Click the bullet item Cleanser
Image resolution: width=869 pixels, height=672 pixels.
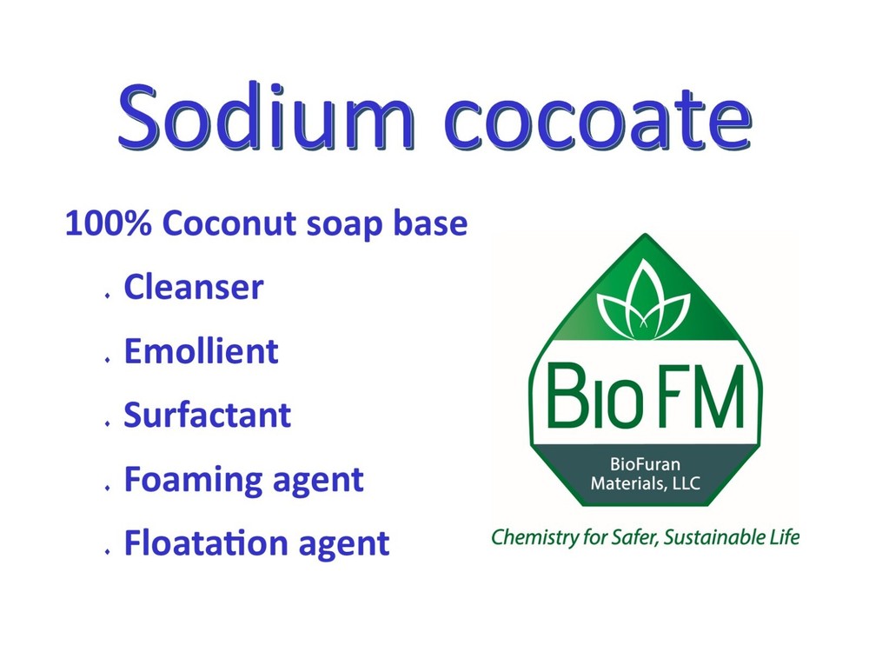[x=193, y=288]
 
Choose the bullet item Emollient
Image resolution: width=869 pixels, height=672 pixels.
[x=201, y=351]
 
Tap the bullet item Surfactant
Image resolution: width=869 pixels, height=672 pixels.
[x=207, y=415]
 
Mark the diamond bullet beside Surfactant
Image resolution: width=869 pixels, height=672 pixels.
[x=107, y=423]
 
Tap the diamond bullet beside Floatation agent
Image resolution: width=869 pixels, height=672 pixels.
[x=107, y=551]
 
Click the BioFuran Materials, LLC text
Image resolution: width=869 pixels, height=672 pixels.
[x=645, y=473]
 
